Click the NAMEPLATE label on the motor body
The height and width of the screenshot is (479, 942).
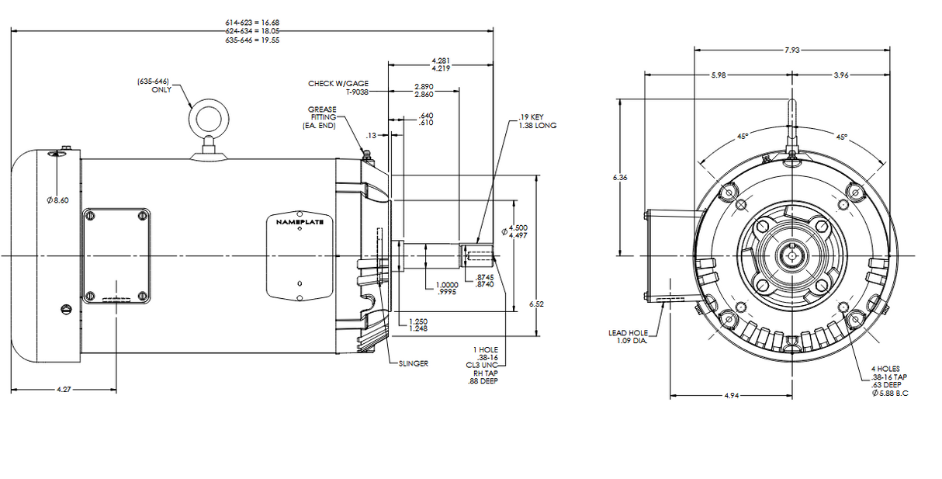pos(300,222)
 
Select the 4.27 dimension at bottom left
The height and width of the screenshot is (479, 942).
pos(64,389)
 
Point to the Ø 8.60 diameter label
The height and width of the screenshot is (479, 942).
pos(57,200)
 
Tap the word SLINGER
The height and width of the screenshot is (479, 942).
pos(413,363)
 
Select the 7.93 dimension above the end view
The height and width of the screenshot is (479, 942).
pos(791,50)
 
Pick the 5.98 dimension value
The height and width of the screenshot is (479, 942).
pos(719,75)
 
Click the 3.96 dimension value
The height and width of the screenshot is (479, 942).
pos(840,75)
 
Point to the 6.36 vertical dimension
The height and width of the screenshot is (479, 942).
pos(620,178)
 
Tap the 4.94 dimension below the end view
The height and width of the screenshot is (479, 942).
pos(730,396)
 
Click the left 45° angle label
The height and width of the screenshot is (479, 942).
pos(742,137)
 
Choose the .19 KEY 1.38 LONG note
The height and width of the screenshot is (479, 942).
pos(537,121)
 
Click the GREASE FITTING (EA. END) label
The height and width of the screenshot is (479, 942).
pos(321,117)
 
